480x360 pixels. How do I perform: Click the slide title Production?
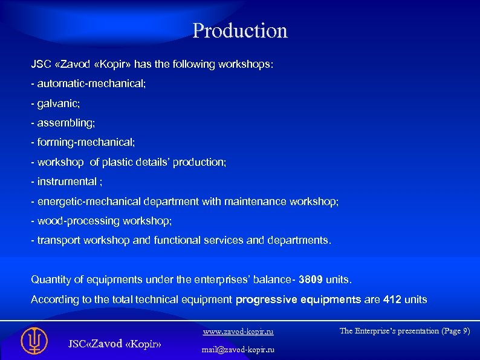[239, 31]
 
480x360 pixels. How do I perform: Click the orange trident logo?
[34, 341]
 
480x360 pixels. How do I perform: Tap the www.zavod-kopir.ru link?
[238, 332]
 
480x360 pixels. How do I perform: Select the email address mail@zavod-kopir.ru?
[238, 350]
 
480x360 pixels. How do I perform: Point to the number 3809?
[312, 280]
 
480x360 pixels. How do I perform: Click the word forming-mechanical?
[86, 142]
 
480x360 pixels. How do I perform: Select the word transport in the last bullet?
[59, 240]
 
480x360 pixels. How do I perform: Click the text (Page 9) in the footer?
[453, 331]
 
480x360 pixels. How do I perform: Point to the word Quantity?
[51, 280]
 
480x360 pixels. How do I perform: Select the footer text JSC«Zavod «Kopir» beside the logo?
[114, 344]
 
